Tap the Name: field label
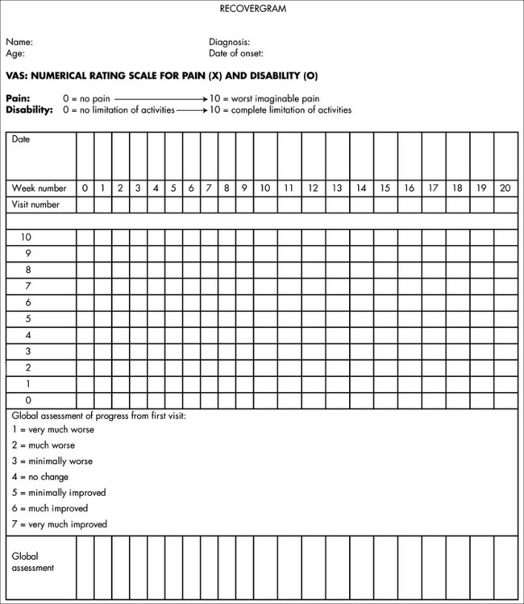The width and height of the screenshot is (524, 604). (19, 42)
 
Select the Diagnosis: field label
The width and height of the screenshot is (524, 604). (230, 42)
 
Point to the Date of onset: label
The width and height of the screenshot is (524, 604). (236, 54)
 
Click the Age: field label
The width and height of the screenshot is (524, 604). (15, 54)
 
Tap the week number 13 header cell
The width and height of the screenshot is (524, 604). (337, 188)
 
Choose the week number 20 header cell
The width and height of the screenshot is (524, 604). (505, 188)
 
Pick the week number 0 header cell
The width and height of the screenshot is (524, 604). (85, 188)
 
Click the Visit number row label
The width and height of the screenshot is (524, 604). (35, 205)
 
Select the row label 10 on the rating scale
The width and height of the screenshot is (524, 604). (26, 238)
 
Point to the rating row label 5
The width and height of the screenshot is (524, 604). (28, 319)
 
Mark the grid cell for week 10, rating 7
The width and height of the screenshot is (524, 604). (265, 286)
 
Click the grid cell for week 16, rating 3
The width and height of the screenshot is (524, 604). (410, 351)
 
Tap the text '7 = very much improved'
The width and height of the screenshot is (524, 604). (60, 524)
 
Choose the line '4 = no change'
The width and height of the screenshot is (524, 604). (40, 477)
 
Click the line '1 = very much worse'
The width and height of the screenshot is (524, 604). (53, 430)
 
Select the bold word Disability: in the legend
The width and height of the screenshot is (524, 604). (30, 110)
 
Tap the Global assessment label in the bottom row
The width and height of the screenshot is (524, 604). (33, 562)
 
